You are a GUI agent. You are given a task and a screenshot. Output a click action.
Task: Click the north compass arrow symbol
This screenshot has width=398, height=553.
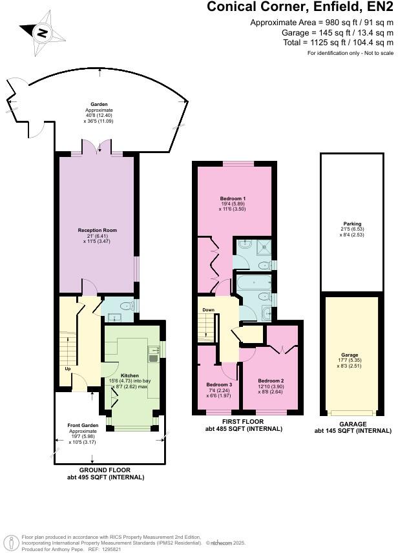tap(41, 31)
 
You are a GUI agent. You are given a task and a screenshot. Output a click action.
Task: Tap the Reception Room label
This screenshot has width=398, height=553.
tap(97, 230)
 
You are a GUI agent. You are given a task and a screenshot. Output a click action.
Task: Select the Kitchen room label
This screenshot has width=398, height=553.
tap(129, 375)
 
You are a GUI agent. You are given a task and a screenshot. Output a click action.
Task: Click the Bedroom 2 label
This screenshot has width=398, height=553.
tap(271, 381)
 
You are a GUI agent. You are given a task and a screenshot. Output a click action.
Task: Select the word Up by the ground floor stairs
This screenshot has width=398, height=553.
tap(67, 369)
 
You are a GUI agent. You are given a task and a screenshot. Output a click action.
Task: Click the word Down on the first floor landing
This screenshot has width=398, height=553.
tap(208, 310)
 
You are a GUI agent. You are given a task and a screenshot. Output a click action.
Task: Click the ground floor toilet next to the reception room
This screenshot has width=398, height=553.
tap(127, 304)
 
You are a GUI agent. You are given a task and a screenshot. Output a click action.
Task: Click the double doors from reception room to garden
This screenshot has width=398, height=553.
tap(98, 149)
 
